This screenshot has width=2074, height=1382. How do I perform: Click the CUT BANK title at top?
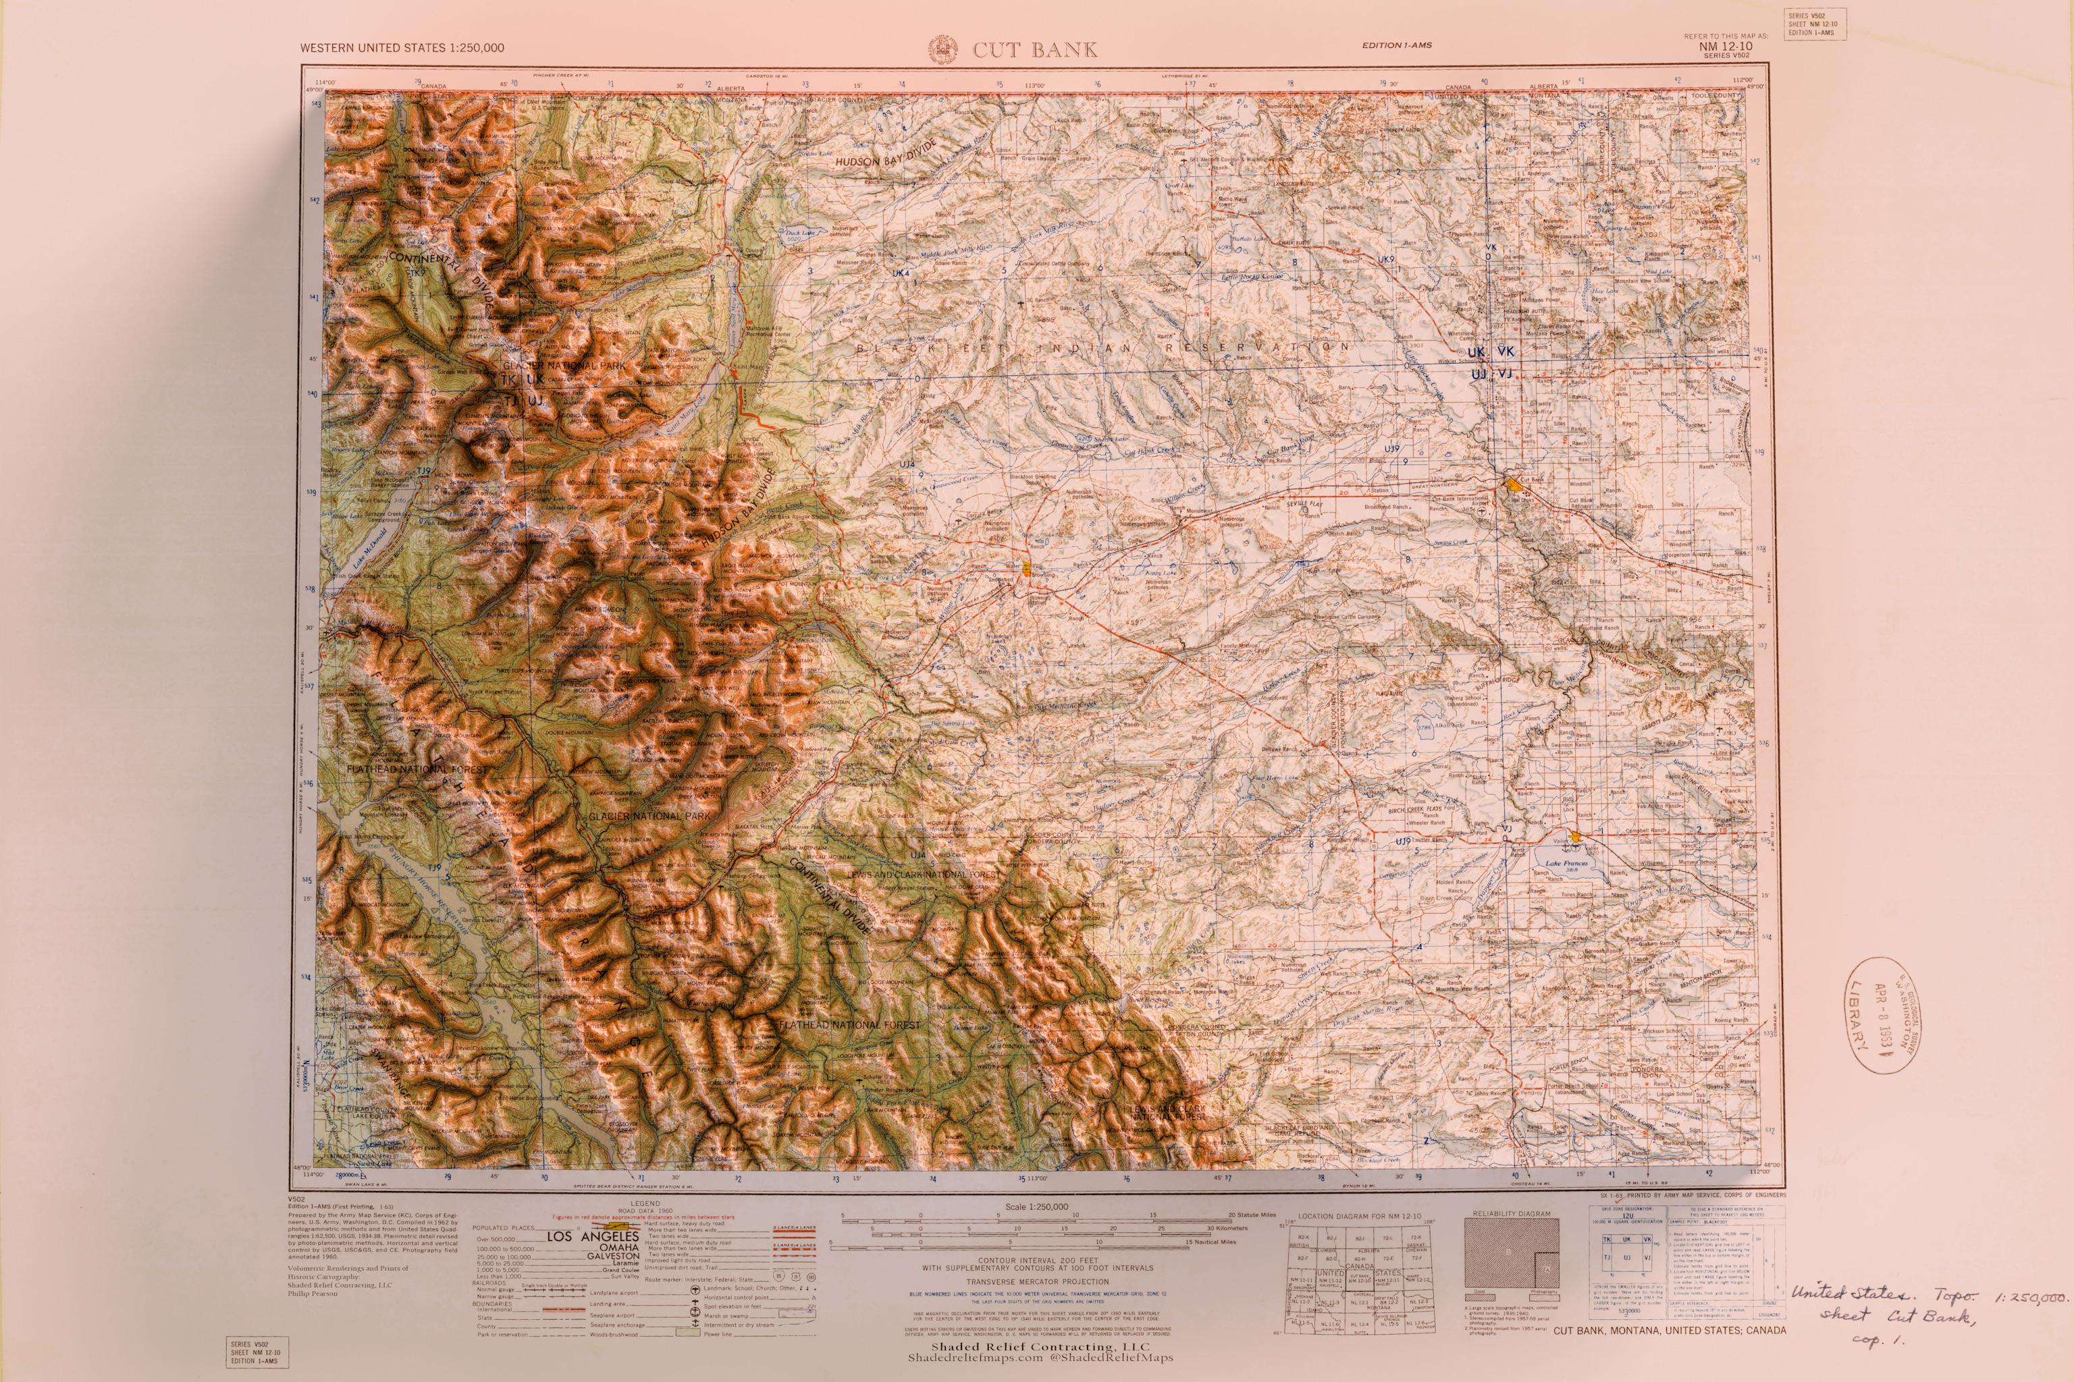click(1035, 50)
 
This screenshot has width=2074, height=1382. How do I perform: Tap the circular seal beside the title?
click(942, 49)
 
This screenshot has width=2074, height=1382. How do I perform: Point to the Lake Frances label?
click(1564, 864)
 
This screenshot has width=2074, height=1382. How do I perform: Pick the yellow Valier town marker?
click(1575, 834)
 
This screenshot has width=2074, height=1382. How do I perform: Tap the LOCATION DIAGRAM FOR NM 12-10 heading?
click(1360, 1216)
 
